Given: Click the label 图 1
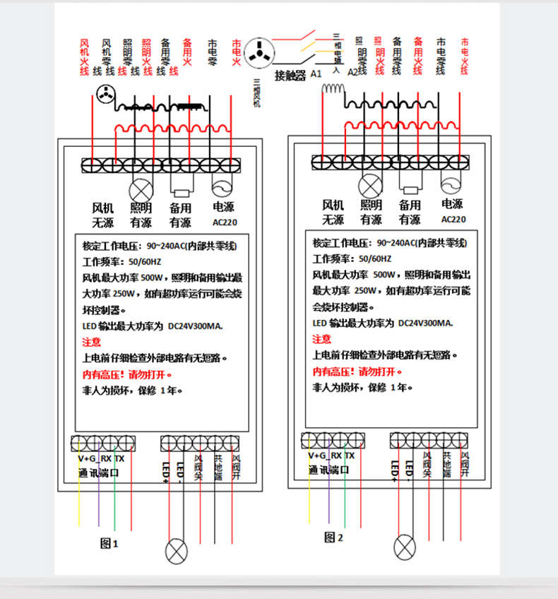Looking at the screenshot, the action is coord(109,543).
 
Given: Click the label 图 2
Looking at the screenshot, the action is coord(333,538).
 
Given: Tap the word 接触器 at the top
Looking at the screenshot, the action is coord(290,75).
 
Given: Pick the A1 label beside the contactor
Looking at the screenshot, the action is coord(316,74).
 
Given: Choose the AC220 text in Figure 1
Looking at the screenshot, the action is coord(224,223).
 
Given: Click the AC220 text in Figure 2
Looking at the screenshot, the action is coord(453,219).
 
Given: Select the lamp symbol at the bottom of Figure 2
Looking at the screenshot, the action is coord(404,546).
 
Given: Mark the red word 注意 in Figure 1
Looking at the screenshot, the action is coord(92,342).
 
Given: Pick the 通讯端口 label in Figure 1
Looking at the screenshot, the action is coord(98,471).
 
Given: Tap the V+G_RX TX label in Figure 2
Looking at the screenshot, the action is coord(331,456).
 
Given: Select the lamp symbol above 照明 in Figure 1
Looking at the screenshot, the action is coord(139,189).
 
